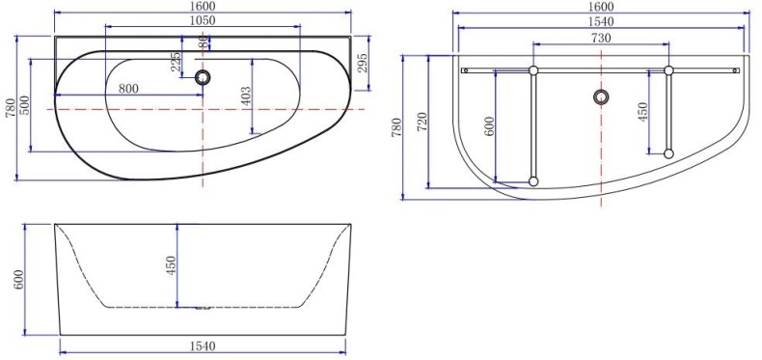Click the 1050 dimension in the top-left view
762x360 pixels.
203,21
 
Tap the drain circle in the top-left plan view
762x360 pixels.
204,78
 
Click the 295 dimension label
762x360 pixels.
362,63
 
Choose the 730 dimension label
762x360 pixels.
599,36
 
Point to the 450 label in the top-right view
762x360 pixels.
643,112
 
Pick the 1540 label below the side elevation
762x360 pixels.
203,346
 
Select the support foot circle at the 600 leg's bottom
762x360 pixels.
532,180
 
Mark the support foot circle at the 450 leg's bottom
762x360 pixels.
667,152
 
